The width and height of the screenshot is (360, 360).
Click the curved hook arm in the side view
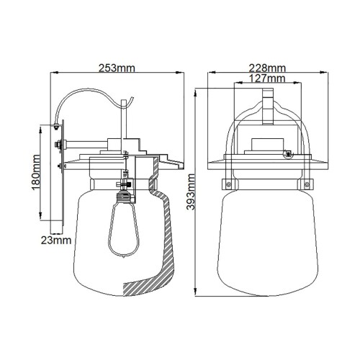83,98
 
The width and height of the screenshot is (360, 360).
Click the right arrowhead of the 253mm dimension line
179,73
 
